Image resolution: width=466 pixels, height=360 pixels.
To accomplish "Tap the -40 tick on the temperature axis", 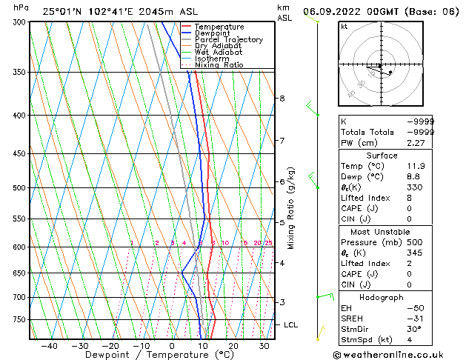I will [49, 345].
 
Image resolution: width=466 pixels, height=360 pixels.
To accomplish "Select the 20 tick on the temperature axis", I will [233, 345].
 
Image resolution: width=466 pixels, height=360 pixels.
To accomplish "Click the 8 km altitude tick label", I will [282, 99].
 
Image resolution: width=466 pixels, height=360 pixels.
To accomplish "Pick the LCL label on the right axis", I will [290, 324].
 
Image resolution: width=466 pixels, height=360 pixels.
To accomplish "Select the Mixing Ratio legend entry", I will [218, 65].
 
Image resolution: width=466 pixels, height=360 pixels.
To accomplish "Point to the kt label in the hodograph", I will [344, 27].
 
